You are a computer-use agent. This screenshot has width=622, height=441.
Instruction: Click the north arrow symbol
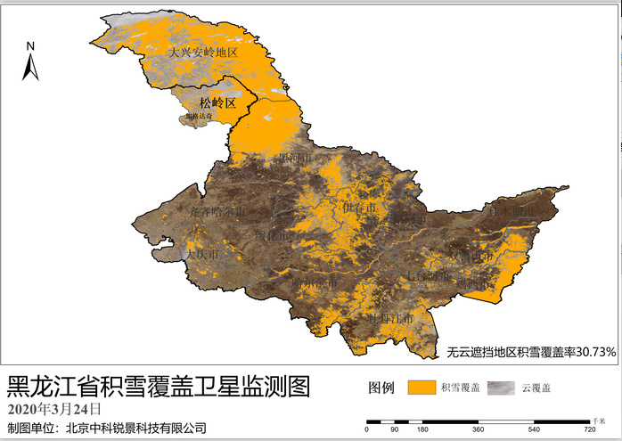pyautogui.click(x=29, y=68)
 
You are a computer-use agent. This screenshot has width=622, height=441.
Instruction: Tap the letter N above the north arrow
pyautogui.click(x=29, y=46)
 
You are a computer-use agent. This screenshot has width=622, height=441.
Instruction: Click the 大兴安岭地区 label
pyautogui.click(x=204, y=53)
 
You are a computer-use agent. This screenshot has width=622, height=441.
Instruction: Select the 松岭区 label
pyautogui.click(x=217, y=103)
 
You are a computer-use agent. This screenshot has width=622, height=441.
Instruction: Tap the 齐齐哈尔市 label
pyautogui.click(x=216, y=212)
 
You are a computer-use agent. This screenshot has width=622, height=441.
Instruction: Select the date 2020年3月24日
pyautogui.click(x=54, y=408)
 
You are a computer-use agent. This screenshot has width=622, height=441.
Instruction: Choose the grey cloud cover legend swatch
pyautogui.click(x=503, y=388)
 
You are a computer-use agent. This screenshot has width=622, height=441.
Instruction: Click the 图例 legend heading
pyautogui.click(x=381, y=388)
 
